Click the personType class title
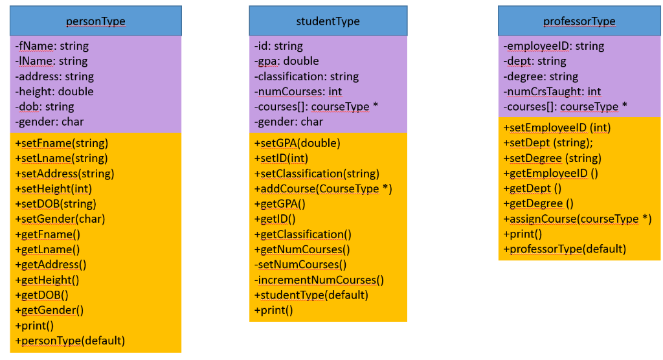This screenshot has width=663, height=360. coord(96,21)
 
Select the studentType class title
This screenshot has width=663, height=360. coord(328,21)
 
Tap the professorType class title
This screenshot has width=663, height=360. coord(579,21)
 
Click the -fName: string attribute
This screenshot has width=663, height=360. coord(52,46)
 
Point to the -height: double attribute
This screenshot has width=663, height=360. coord(54,91)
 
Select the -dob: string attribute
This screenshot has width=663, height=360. coord(45,106)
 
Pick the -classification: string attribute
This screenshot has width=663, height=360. coord(306,76)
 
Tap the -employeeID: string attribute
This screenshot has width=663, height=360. coord(554,46)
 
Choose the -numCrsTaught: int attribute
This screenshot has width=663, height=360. coord(552,91)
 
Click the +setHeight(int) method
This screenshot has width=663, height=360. coord(53,188)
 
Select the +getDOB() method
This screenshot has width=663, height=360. coord(42,295)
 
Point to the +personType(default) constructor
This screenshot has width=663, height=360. coord(70,340)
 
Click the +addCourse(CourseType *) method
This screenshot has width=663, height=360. coord(323,188)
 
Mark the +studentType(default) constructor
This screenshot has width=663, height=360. coord(311,295)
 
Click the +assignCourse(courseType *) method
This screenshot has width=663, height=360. coord(577,219)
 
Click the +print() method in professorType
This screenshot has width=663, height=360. coord(523,234)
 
